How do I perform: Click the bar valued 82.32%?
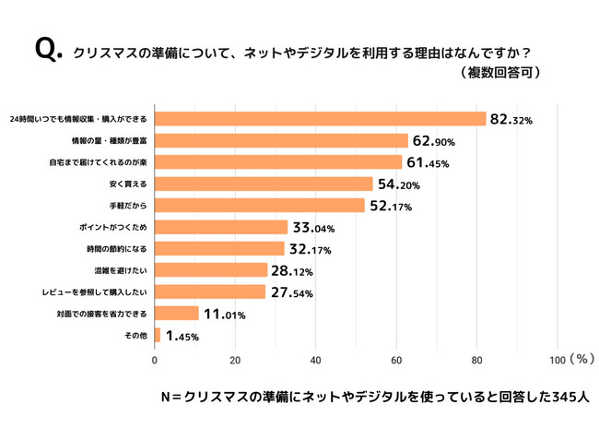click(320, 119)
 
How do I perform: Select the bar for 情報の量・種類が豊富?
click(281, 140)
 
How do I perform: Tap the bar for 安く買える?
click(264, 184)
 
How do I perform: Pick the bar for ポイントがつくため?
click(221, 227)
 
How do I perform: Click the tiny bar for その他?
click(158, 335)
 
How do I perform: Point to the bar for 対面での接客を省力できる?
click(176, 314)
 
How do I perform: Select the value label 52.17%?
click(392, 206)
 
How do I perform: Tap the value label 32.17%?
click(311, 249)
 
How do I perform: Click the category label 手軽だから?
click(128, 206)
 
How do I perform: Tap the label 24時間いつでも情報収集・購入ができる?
click(78, 119)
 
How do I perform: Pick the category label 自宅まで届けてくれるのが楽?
click(99, 162)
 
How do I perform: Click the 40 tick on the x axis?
click(316, 359)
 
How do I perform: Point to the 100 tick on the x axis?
click(558, 359)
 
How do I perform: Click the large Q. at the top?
click(48, 51)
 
